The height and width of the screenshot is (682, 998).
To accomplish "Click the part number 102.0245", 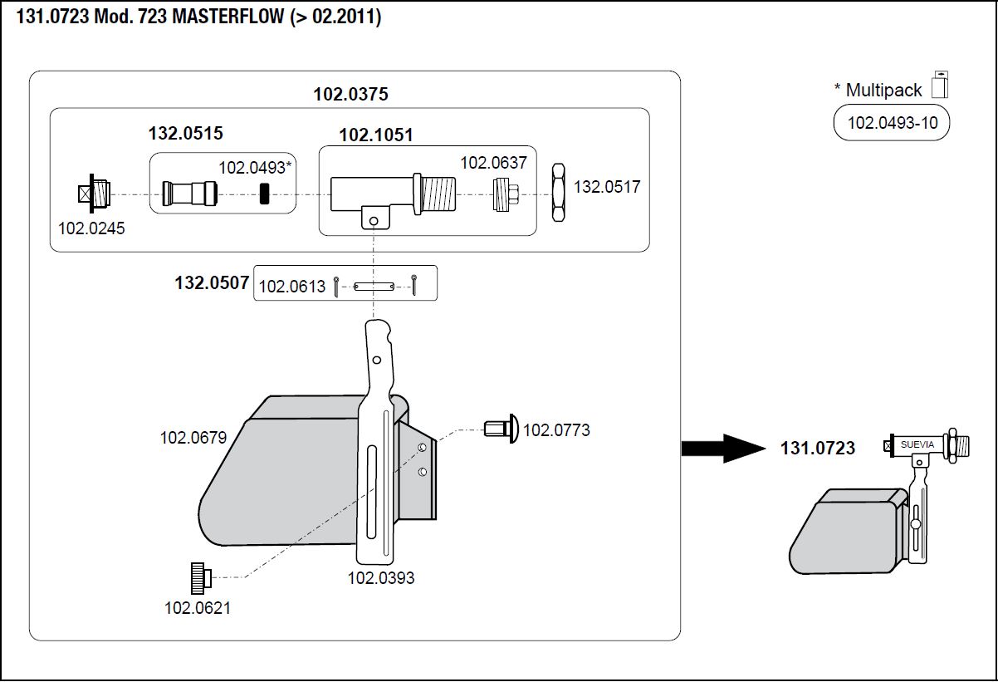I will tap(91, 228).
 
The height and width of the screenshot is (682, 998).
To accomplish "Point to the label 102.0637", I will tap(493, 163).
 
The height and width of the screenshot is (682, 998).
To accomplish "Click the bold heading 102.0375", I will tap(350, 94).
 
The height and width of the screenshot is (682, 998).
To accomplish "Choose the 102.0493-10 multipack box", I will tap(892, 124).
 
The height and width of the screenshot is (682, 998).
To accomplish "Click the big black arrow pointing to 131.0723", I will tap(721, 449).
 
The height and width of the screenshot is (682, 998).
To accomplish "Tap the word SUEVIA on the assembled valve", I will tap(917, 444).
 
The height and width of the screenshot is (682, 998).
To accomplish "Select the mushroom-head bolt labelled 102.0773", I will tap(501, 429).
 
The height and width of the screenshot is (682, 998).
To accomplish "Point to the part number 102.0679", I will tap(193, 437).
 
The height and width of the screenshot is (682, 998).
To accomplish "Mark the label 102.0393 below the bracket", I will tap(380, 578).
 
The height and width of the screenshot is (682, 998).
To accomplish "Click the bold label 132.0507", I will tap(212, 282).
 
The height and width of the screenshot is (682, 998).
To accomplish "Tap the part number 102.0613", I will tap(292, 287).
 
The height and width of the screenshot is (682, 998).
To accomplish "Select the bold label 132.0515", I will tap(186, 133).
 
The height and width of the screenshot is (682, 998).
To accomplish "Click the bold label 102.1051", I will tap(375, 135).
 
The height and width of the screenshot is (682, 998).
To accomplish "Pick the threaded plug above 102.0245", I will tap(93, 194).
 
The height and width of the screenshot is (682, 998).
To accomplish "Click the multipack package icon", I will tap(940, 85).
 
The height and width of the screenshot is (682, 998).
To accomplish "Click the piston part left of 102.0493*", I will tap(185, 195).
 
